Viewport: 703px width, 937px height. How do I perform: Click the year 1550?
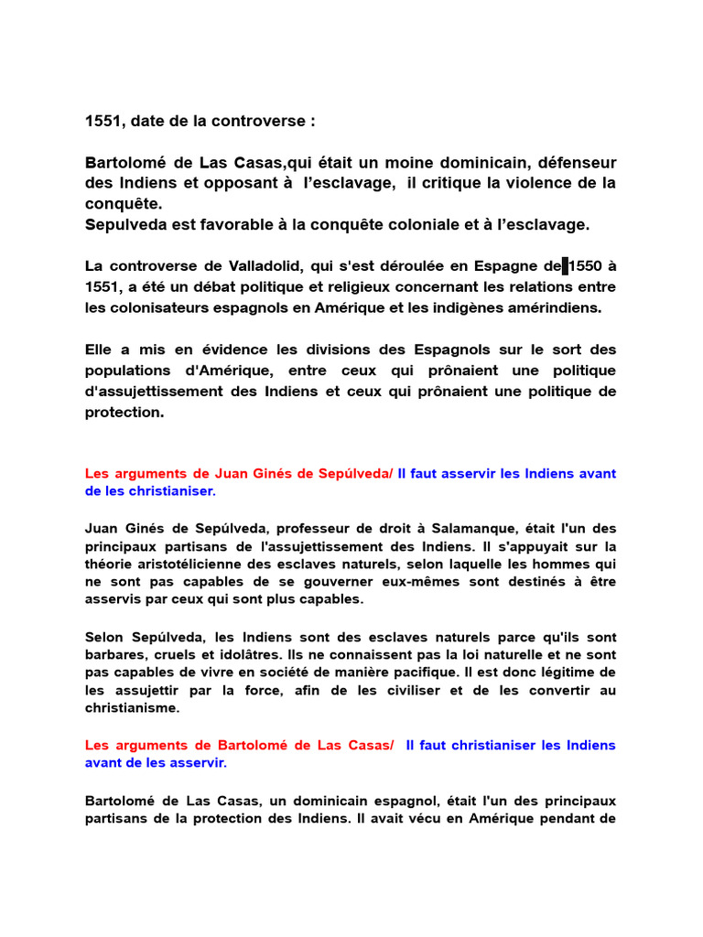tap(588, 266)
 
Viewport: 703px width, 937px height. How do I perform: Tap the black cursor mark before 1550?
tap(566, 266)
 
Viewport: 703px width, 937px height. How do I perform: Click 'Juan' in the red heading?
tap(233, 473)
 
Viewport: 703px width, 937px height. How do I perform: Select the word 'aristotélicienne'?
tap(194, 565)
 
